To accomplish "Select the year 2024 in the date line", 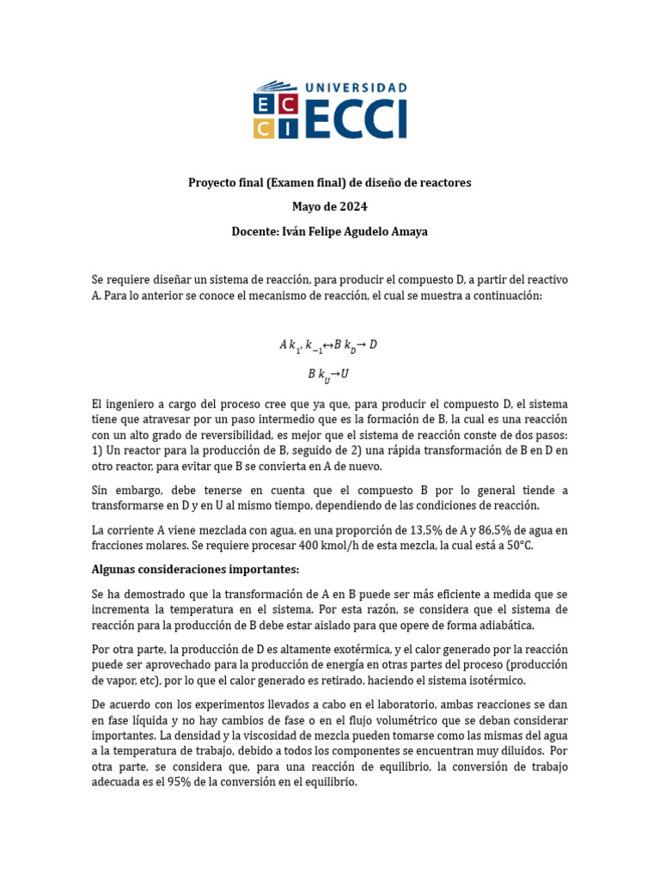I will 353,207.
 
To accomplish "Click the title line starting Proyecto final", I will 329,183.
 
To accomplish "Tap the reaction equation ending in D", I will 328,345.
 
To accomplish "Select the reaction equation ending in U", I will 328,375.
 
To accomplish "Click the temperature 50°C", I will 516,546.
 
